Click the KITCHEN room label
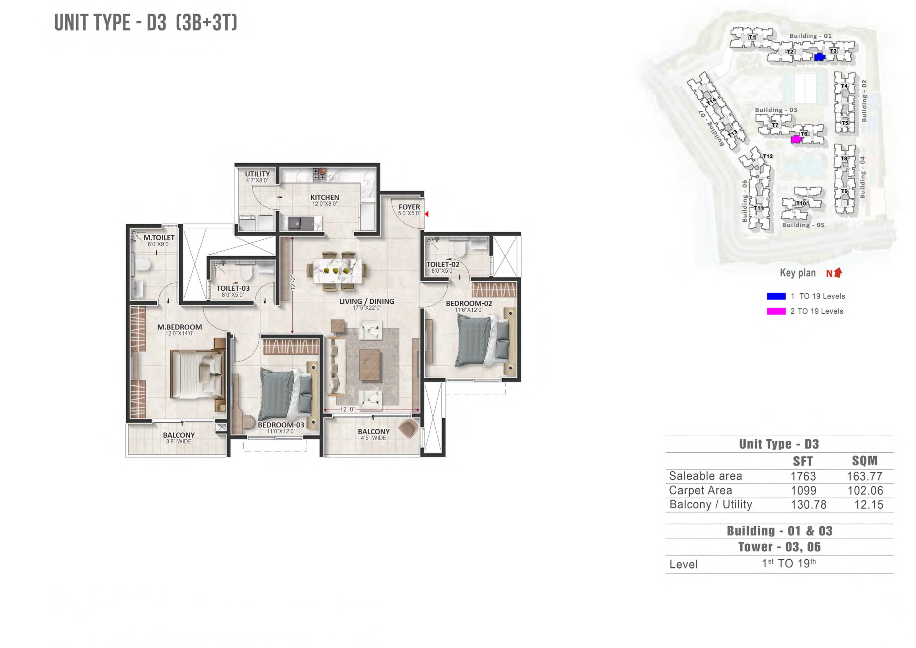click(324, 197)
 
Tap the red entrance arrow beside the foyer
click(427, 214)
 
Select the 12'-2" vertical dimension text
click(293, 282)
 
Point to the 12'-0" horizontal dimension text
click(347, 409)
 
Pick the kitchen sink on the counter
click(297, 223)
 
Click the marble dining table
click(337, 270)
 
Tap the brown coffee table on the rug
click(370, 365)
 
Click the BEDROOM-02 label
click(469, 303)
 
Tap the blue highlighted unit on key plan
click(819, 57)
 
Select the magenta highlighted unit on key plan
click(796, 139)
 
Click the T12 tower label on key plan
click(768, 156)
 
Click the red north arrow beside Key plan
click(838, 272)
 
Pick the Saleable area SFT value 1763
click(803, 476)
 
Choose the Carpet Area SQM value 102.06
click(865, 490)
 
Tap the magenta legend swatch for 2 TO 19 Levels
click(776, 311)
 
